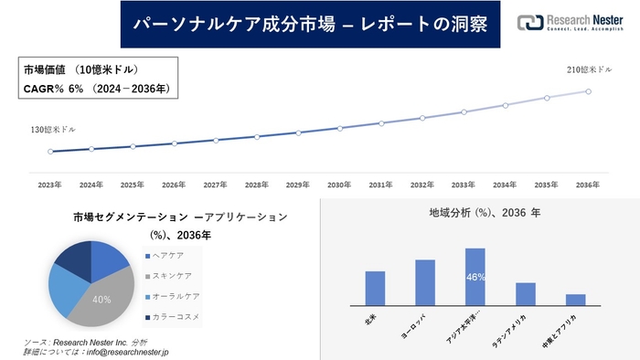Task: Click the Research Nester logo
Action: pos(573,22)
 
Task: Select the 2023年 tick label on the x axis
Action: pos(50,185)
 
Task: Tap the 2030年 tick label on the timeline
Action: pos(339,185)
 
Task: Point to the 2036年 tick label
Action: pos(588,185)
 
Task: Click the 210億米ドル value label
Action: pos(588,69)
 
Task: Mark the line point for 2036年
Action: pos(588,91)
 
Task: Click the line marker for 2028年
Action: pos(257,137)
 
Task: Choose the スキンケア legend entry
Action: pos(173,277)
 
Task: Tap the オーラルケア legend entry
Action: pos(176,297)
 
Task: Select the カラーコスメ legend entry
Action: pos(176,317)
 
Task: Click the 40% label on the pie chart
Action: pos(101,300)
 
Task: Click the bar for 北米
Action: pos(375,288)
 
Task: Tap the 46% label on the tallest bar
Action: pos(475,277)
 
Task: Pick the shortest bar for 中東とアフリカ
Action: pos(575,299)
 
